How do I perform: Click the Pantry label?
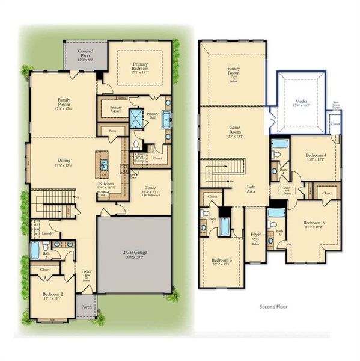point(111,131)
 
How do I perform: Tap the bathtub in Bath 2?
point(35,250)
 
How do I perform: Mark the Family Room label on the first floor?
point(64,102)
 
